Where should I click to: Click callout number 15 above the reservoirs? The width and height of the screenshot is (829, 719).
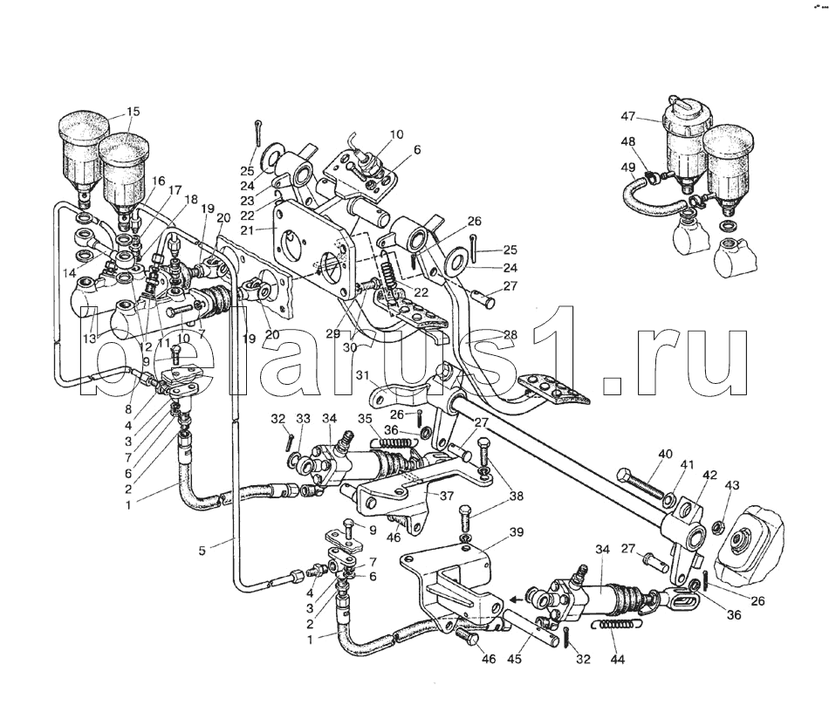[x=133, y=111]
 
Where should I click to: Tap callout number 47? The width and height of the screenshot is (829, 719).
[x=628, y=118]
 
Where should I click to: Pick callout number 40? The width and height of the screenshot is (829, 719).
[x=665, y=454]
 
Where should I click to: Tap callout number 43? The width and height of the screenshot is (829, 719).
[x=732, y=485]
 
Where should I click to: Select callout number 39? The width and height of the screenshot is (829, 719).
[x=516, y=532]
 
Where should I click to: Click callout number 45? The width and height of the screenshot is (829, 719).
[x=515, y=660]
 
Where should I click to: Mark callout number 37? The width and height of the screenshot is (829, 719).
[x=447, y=496]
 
